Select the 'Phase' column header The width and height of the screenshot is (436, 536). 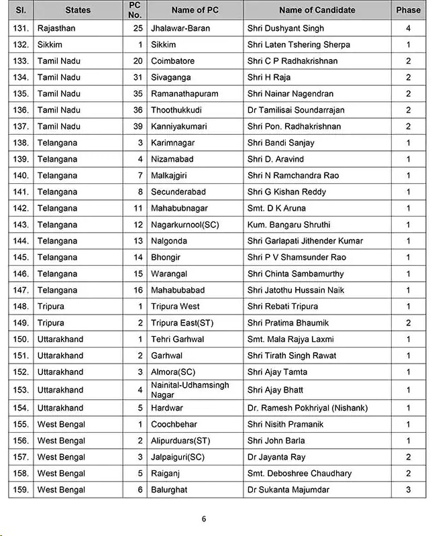coord(408,9)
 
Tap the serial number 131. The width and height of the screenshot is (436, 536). coord(21,28)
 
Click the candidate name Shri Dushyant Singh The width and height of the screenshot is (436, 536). coord(285,28)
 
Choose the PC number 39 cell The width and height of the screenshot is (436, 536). coord(138,126)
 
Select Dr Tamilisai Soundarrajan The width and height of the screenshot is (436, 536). coord(294,110)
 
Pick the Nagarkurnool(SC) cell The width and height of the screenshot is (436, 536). coord(185,225)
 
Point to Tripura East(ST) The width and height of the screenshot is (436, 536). coord(182,323)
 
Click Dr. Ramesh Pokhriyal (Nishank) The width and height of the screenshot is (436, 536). coord(307,408)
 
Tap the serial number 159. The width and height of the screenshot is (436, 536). coord(21,490)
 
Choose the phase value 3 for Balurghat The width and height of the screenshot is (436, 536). coord(408,490)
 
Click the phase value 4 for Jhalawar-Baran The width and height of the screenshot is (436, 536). coord(408,28)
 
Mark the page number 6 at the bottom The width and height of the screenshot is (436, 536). coord(204,519)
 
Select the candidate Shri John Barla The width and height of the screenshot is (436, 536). coord(276,441)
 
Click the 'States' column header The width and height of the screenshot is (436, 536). coord(78,9)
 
